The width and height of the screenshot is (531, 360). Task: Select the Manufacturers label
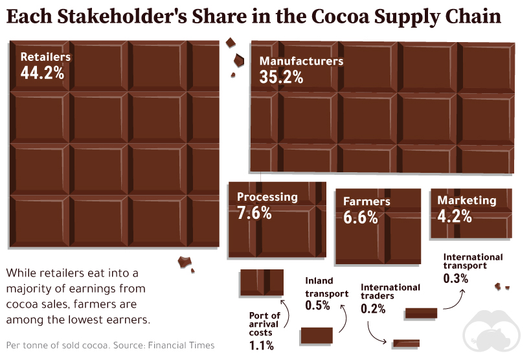coord(301,61)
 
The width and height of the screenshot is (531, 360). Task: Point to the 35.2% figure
coord(281,78)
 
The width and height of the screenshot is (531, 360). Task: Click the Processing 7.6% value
coord(254,212)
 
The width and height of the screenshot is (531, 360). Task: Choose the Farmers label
coord(367,201)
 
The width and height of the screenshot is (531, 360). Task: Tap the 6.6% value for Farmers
coord(361,218)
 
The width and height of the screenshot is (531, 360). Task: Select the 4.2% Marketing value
coord(455,216)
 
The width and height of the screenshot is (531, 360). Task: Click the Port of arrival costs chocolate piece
coord(262,282)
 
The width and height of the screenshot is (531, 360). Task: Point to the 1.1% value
coord(262,346)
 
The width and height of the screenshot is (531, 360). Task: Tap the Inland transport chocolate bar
coord(317,335)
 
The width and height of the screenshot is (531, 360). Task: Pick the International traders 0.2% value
coord(373,309)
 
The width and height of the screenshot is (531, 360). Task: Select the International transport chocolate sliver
coord(420,314)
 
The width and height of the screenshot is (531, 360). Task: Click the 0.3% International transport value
coord(456,278)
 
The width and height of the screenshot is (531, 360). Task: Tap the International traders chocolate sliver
coord(406,343)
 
